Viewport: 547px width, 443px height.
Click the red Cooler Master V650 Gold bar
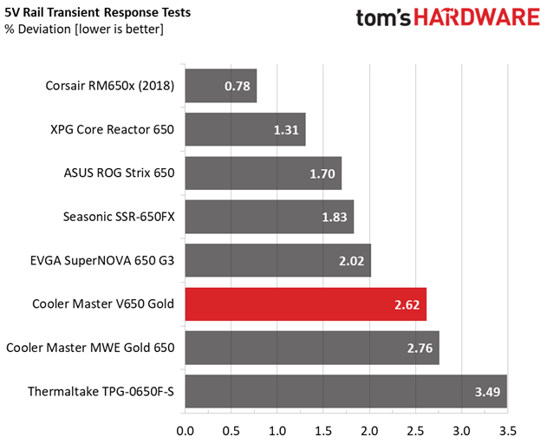coord(306,304)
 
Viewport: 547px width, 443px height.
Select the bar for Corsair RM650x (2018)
coord(221,86)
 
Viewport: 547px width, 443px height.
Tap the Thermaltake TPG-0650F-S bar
coord(346,391)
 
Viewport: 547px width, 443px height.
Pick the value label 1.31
coord(286,130)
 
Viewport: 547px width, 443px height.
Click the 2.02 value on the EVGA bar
coord(351,261)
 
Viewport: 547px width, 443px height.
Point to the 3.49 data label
coord(487,392)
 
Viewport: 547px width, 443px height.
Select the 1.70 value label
coord(322,173)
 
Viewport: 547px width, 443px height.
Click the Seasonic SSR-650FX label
coord(119,217)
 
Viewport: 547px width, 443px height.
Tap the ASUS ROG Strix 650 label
coord(119,173)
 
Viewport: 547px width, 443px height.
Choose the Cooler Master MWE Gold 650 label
coord(90,348)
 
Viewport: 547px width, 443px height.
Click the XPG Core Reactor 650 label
coord(113,130)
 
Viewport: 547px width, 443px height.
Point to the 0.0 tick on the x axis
coord(185,431)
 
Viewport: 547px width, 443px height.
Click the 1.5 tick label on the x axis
coord(323,431)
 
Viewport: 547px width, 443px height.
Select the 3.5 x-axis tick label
coord(508,431)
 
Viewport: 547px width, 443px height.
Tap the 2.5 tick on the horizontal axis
coord(415,431)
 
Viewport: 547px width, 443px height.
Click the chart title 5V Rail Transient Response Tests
coord(98,12)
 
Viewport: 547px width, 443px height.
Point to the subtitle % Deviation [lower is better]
coord(84,29)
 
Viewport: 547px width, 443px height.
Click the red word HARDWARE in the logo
coord(477,17)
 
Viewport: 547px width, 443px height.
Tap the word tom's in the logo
coord(383,18)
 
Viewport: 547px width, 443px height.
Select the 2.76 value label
coord(420,349)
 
